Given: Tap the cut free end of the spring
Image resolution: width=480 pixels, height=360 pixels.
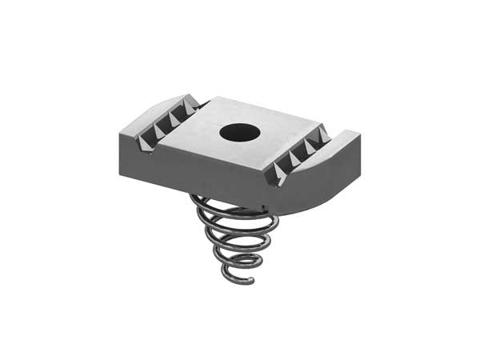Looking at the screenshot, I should [251, 280].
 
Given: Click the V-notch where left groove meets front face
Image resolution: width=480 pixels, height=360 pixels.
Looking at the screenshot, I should [143, 150].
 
